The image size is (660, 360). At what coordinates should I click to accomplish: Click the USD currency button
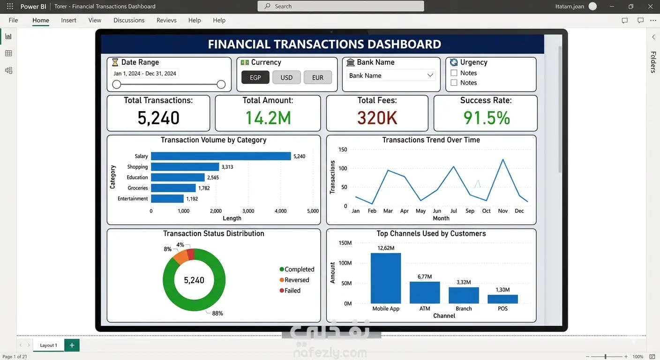(x=286, y=77)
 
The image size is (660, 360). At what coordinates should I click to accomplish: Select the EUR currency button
(x=318, y=77)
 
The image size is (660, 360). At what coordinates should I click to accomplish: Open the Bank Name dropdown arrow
(x=430, y=75)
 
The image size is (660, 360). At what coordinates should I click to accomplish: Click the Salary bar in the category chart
(x=221, y=156)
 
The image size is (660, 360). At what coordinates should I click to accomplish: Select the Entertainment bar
(x=167, y=199)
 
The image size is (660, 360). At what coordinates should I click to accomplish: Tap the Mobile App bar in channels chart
(x=386, y=278)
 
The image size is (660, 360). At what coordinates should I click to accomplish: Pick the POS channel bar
(x=502, y=299)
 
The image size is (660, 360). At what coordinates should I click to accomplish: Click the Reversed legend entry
(x=294, y=280)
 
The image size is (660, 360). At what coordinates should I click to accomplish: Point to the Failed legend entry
(x=290, y=291)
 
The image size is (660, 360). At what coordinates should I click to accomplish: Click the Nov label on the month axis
(x=502, y=211)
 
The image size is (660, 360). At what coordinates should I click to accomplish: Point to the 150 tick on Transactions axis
(x=343, y=150)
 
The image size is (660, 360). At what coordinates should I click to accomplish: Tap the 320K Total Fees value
(x=377, y=118)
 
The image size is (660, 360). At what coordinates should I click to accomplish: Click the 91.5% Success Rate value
(x=487, y=118)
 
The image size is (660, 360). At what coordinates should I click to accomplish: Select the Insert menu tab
(x=68, y=20)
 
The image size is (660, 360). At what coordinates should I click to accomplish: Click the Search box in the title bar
(x=341, y=6)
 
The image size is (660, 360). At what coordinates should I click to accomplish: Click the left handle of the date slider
(x=117, y=84)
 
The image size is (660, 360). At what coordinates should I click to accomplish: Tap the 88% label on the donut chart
(x=217, y=314)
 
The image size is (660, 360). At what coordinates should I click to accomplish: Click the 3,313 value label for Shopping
(x=227, y=167)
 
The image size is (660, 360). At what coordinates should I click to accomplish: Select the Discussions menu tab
(x=129, y=20)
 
